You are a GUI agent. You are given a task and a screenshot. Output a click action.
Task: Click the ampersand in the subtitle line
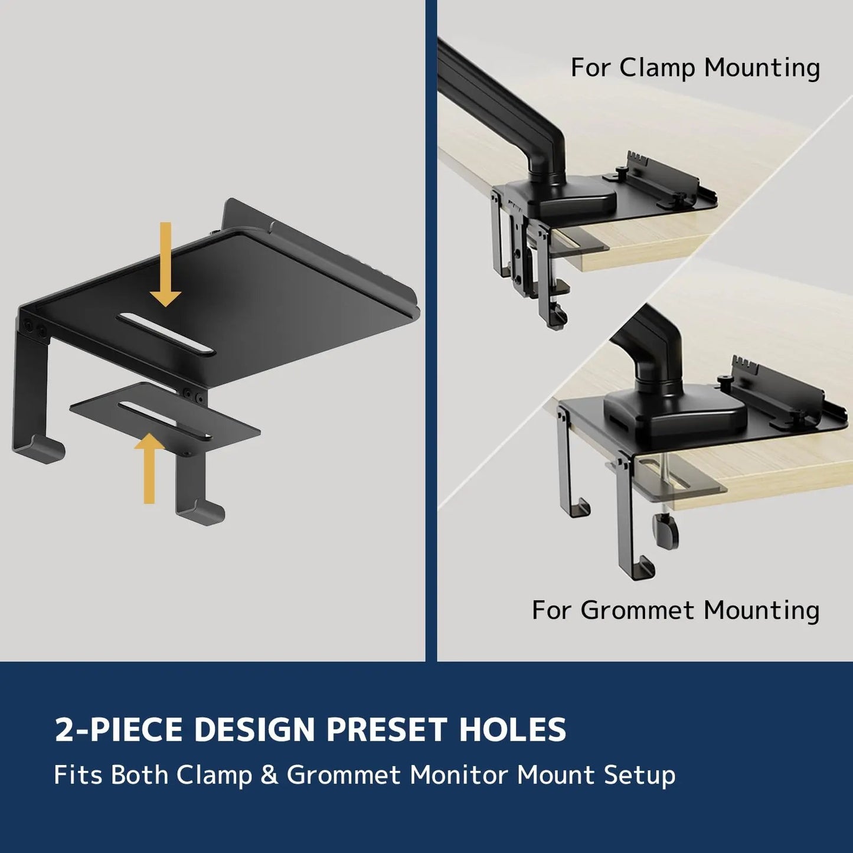tap(269, 774)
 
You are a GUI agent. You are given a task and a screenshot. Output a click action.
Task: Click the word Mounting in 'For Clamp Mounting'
tap(762, 68)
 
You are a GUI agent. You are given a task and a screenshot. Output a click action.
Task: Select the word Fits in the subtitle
tap(79, 774)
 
